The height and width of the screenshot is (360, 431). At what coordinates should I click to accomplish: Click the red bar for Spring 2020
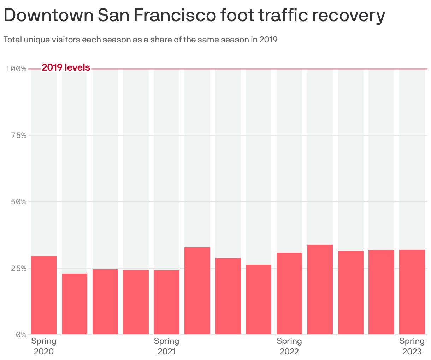[x=44, y=295]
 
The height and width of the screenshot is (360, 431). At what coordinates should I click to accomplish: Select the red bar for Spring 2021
[x=166, y=302]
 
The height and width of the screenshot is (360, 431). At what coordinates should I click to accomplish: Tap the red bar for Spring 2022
[x=289, y=293]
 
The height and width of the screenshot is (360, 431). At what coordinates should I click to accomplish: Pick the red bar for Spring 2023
[x=412, y=292]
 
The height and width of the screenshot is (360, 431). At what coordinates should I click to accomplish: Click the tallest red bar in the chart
[x=320, y=289]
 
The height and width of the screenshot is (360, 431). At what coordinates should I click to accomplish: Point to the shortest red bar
[x=75, y=304]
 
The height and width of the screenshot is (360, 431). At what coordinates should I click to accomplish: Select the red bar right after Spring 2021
[x=197, y=291]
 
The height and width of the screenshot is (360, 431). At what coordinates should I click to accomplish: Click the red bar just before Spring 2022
[x=259, y=299]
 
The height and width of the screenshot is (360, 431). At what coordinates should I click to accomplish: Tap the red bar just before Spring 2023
[x=381, y=292]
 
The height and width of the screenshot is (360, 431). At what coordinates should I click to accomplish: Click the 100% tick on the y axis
[x=16, y=68]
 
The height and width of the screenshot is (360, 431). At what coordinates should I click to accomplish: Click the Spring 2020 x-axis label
[x=44, y=346]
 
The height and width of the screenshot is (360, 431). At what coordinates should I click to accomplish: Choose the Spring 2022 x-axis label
[x=289, y=346]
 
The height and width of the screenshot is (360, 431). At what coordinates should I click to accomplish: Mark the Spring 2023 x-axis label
[x=412, y=346]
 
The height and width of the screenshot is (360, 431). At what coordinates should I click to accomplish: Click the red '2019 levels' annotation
[x=66, y=67]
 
